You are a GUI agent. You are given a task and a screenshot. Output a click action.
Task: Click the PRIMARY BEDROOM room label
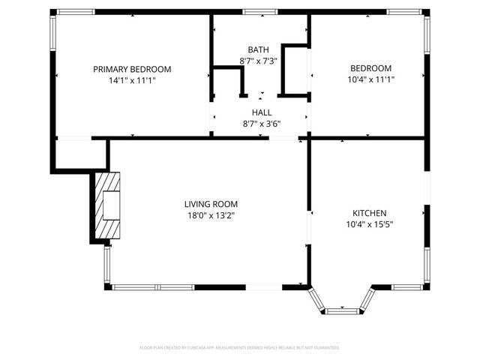click(x=132, y=69)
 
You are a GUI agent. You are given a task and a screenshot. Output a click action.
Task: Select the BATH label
click(x=259, y=49)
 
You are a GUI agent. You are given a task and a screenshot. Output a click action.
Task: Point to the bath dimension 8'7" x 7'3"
click(x=259, y=60)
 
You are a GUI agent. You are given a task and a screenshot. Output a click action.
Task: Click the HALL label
click(x=261, y=112)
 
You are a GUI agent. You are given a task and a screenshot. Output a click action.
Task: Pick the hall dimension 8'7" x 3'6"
click(x=261, y=124)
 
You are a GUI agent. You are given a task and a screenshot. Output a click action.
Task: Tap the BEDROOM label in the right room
click(x=370, y=68)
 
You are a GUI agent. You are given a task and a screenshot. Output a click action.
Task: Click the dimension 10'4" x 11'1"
click(x=370, y=79)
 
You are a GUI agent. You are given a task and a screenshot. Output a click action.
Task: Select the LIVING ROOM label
click(x=211, y=204)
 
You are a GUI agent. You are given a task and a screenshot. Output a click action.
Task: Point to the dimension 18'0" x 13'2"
click(x=211, y=215)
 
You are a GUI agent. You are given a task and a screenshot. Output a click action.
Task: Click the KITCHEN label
click(x=370, y=212)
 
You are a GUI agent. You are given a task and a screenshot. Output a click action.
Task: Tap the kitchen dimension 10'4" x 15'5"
click(x=370, y=223)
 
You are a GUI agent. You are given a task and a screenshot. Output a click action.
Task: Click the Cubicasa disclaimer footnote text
click(x=240, y=348)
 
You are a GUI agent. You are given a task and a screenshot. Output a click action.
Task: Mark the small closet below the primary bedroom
click(x=81, y=154)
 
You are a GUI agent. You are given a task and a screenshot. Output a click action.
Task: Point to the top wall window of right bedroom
click(x=397, y=12)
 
